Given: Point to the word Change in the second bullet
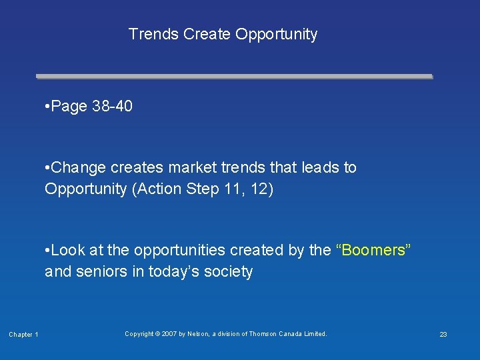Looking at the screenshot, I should pyautogui.click(x=76, y=167).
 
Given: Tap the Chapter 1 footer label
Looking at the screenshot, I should pyautogui.click(x=23, y=334).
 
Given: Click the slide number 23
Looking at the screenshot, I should pyautogui.click(x=443, y=334).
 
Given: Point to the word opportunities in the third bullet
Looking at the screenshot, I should pyautogui.click(x=176, y=250).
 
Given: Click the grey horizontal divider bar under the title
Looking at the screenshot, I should pyautogui.click(x=234, y=77).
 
